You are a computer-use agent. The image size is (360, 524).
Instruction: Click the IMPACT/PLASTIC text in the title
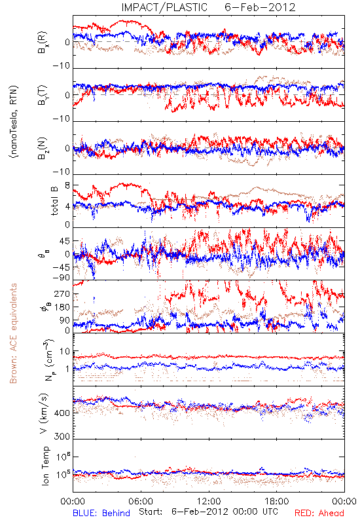coord(164,7)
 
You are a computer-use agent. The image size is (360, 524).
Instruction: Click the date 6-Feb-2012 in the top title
coord(260,7)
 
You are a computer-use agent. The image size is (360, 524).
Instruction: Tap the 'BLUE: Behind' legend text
coord(101,513)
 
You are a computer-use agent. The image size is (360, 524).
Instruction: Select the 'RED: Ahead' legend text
coord(319,513)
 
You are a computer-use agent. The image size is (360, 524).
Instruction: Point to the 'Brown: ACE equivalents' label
coord(13,333)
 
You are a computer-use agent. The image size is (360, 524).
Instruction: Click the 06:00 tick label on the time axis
coord(141,501)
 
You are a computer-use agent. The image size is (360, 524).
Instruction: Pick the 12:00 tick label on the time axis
coord(209,501)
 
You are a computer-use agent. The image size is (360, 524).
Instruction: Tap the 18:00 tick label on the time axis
coord(277,501)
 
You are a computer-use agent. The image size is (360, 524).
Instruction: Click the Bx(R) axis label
coord(43,43)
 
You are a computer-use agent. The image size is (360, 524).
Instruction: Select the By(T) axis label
coord(43,95)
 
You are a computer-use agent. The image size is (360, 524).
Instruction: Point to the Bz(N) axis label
coord(43,148)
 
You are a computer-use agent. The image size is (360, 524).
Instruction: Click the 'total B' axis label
coord(54,201)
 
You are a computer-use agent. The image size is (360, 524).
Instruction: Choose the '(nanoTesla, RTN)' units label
coord(14,122)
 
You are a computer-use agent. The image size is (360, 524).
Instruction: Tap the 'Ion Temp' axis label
coord(45,466)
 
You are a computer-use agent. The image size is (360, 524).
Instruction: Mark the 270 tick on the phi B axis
coord(63,293)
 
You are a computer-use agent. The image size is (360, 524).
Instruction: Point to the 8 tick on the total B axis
coord(67,185)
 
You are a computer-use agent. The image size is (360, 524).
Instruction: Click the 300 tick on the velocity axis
coord(62,436)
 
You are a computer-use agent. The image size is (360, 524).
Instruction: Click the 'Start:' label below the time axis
coord(151,512)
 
